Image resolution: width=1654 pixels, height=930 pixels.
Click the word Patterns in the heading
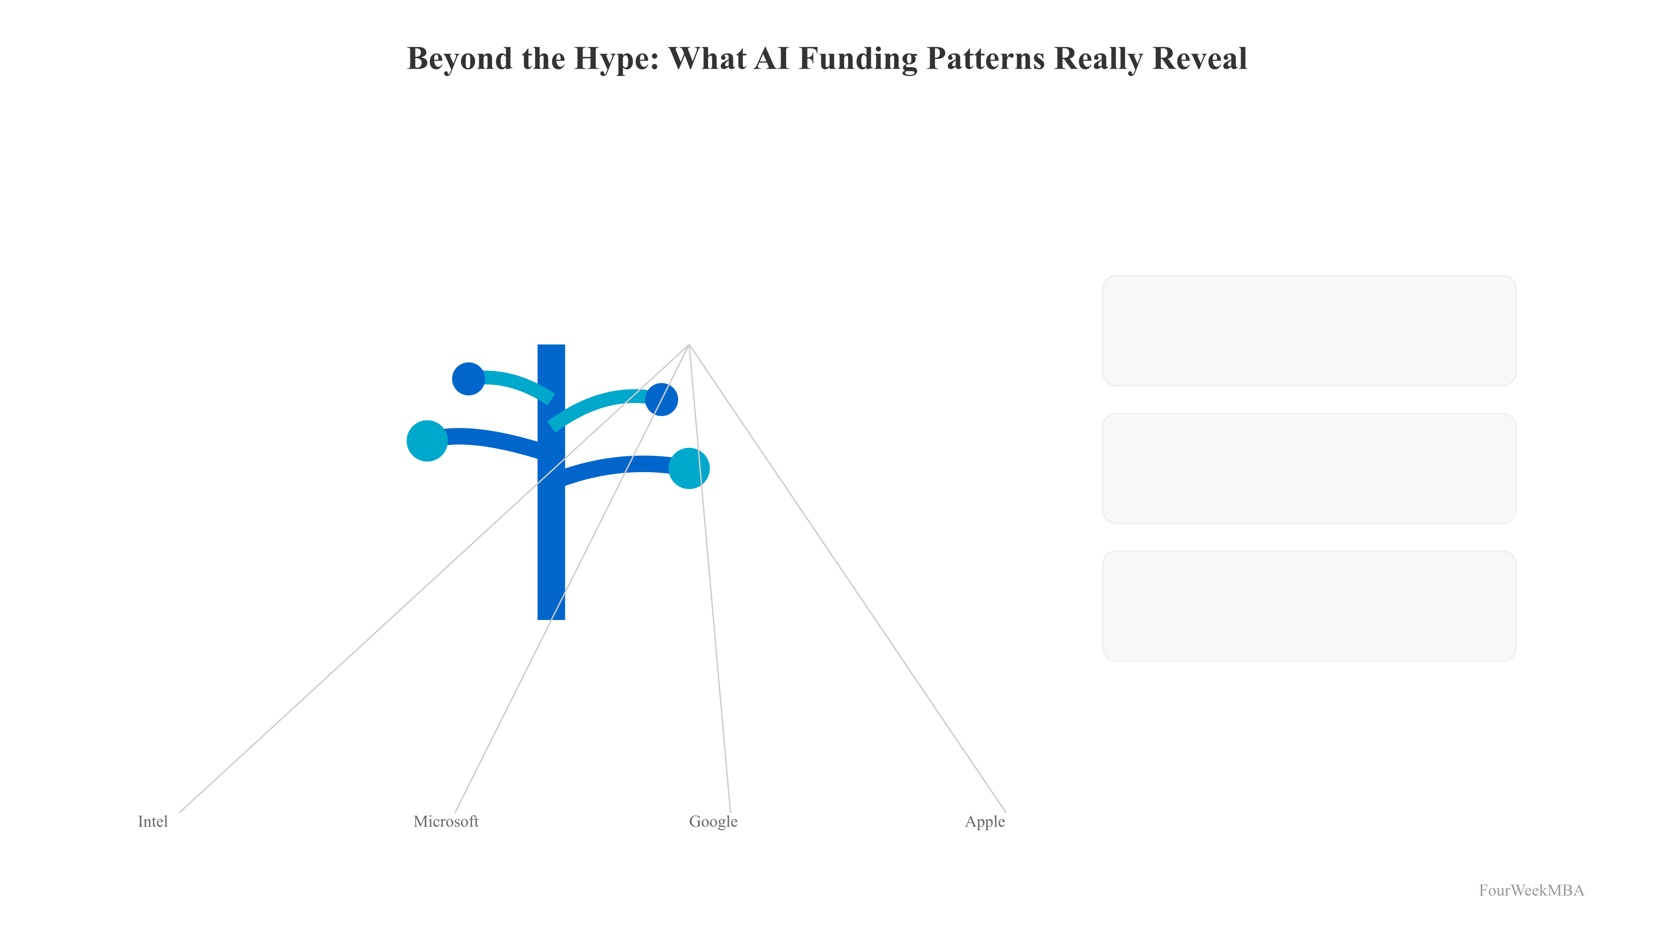(x=987, y=59)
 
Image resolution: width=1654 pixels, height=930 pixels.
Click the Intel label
(x=153, y=822)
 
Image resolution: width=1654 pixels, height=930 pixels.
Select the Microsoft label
(x=446, y=822)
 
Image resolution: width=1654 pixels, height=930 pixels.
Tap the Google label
(x=713, y=822)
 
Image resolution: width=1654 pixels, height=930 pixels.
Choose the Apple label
(x=984, y=822)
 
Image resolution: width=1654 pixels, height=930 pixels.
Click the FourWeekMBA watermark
(x=1530, y=890)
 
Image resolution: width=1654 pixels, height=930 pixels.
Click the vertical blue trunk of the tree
(x=551, y=546)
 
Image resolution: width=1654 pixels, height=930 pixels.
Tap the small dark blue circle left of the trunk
(x=469, y=379)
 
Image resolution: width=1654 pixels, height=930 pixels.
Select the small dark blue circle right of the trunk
(x=662, y=400)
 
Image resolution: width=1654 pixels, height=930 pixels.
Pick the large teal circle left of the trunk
(x=427, y=441)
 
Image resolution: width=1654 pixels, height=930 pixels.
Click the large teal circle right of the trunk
(x=689, y=469)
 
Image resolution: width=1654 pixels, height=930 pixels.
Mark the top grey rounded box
(x=1309, y=331)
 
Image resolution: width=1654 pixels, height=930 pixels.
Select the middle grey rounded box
(x=1309, y=469)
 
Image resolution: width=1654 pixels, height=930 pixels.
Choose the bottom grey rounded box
(x=1309, y=606)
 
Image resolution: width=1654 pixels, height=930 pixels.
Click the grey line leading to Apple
(x=848, y=579)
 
